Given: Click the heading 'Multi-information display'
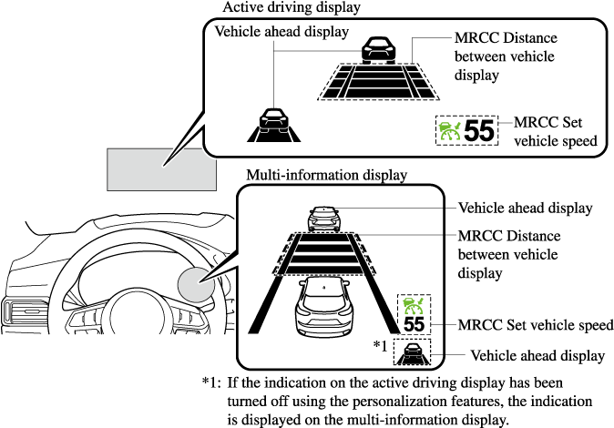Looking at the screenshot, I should pos(326,175).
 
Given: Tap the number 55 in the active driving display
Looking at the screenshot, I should pos(478,131).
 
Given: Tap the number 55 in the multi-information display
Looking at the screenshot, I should pos(414,323).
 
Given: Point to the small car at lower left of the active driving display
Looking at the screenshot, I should pos(271,123).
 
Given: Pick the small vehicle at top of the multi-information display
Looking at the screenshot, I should pos(324,219).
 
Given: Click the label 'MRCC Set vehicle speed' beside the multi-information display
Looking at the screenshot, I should pos(535,325).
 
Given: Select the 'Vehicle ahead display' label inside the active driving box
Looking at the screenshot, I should pos(281,32).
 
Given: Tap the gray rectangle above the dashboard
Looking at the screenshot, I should pos(161,168).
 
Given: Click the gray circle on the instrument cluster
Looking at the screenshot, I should pos(197,284).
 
